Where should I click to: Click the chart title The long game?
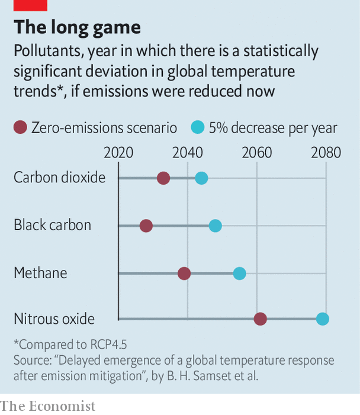[77, 27]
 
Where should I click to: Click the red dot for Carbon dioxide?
[163, 178]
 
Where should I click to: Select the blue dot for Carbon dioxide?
[201, 178]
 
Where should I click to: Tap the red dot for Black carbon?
[146, 226]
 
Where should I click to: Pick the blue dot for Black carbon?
[216, 226]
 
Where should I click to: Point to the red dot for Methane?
[184, 273]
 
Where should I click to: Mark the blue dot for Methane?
[239, 273]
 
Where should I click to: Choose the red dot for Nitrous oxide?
[260, 319]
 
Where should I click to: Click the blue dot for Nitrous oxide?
[322, 319]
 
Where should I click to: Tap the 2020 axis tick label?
[118, 153]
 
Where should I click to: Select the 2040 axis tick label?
[188, 153]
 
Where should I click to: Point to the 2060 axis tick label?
[256, 153]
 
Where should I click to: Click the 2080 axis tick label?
[326, 153]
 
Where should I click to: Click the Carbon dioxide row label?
[59, 177]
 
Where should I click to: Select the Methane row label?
[40, 273]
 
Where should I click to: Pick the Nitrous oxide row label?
[54, 319]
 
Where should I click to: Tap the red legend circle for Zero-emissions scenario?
[21, 127]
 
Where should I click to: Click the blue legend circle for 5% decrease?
[198, 127]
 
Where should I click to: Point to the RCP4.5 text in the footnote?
[107, 345]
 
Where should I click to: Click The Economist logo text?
[47, 406]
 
